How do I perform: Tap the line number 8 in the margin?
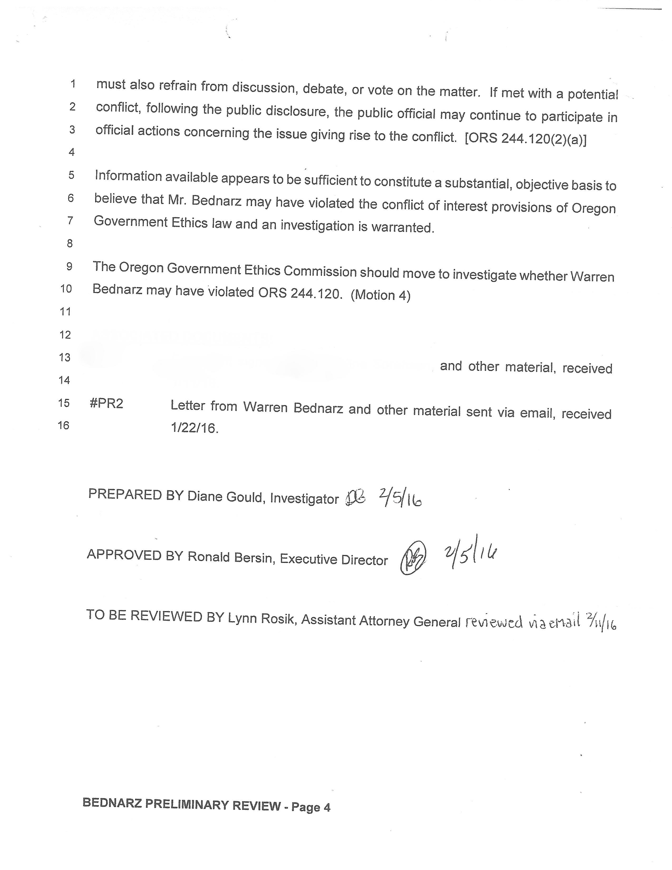[x=70, y=243]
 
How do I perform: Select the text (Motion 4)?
[x=380, y=295]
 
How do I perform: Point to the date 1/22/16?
[x=194, y=428]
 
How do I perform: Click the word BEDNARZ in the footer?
[x=112, y=803]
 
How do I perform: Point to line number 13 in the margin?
[x=65, y=357]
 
